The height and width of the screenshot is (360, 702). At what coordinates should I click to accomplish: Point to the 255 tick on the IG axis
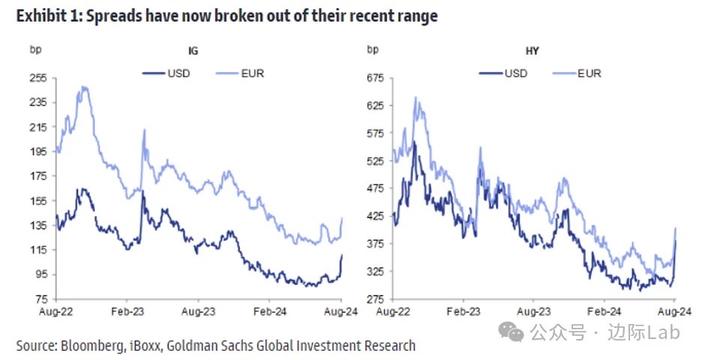point(37,78)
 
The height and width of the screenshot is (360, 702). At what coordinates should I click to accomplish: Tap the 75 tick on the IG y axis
point(40,298)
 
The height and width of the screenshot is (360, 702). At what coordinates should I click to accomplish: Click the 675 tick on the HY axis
point(373,78)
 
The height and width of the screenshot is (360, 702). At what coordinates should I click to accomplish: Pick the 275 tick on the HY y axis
point(373,298)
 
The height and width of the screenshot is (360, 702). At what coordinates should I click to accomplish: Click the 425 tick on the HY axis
point(373,216)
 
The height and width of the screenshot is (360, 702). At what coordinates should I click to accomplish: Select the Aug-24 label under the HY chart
point(673,309)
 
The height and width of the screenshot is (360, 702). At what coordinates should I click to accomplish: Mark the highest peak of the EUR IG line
point(84,87)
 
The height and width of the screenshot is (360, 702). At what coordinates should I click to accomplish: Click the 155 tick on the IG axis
point(37,200)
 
